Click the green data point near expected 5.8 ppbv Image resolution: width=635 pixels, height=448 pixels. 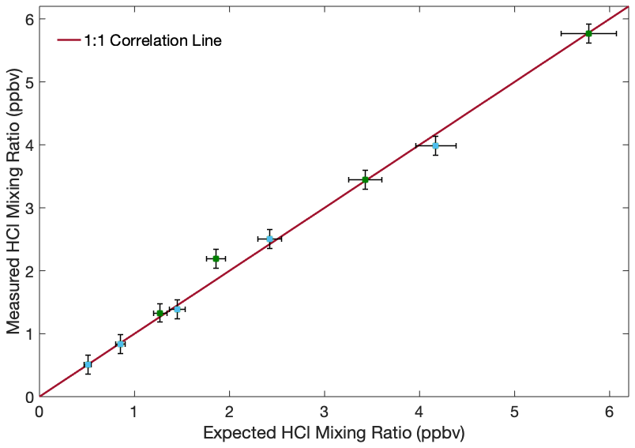(x=588, y=33)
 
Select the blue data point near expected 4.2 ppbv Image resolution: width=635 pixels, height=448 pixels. (x=435, y=145)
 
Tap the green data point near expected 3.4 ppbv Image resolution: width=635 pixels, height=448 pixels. (x=365, y=179)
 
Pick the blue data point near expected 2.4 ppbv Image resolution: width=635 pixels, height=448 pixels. (x=269, y=239)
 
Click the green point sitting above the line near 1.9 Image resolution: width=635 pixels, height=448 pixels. (x=216, y=258)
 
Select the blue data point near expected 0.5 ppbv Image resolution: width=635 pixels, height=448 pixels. (x=88, y=364)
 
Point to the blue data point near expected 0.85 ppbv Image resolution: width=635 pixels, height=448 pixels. (x=120, y=344)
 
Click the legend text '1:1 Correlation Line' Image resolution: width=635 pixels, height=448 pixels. (x=153, y=41)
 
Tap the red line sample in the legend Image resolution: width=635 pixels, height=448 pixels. (x=69, y=41)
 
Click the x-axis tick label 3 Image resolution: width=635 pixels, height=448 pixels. (x=325, y=412)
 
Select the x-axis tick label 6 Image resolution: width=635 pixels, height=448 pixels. (x=610, y=412)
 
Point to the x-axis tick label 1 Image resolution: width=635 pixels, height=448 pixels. (x=134, y=412)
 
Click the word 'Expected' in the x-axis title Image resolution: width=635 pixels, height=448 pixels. (x=236, y=434)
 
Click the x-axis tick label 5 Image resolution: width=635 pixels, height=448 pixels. (x=514, y=412)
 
